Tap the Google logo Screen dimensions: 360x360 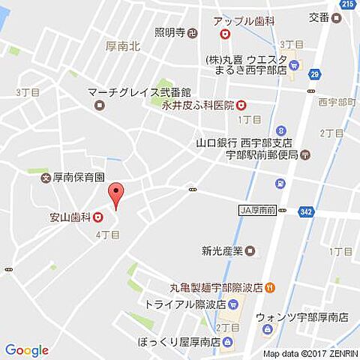click(x=26, y=350)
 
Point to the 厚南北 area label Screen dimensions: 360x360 click(x=123, y=46)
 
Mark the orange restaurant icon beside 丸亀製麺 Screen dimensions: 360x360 click(x=268, y=286)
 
